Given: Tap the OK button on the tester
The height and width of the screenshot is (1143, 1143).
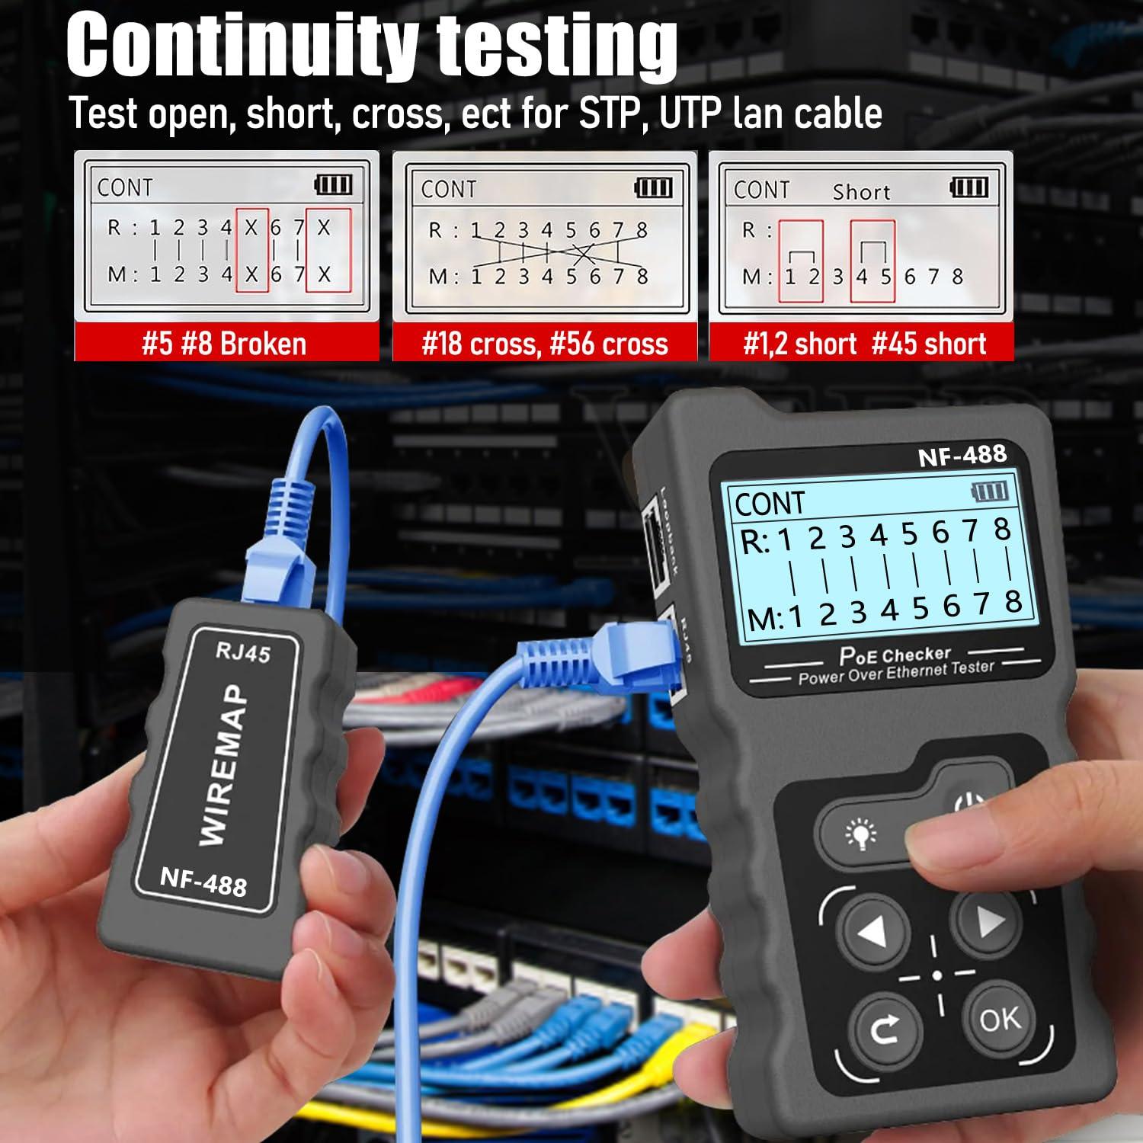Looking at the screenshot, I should (999, 1018).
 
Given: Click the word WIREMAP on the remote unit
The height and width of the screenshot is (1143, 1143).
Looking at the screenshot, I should (223, 764).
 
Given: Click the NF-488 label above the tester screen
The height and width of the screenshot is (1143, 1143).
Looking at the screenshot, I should (962, 456).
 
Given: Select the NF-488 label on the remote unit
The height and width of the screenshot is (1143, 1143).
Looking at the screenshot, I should (203, 882).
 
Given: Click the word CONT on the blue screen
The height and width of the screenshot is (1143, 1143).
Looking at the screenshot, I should (769, 504).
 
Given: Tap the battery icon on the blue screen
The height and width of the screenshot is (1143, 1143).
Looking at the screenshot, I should (991, 491).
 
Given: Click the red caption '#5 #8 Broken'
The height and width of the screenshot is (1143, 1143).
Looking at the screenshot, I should (225, 344).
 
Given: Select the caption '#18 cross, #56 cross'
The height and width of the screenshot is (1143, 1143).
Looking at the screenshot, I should (544, 344).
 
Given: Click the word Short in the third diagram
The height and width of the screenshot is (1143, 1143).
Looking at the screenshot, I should (861, 192).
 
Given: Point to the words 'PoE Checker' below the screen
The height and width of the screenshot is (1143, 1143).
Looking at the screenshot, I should (895, 655).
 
